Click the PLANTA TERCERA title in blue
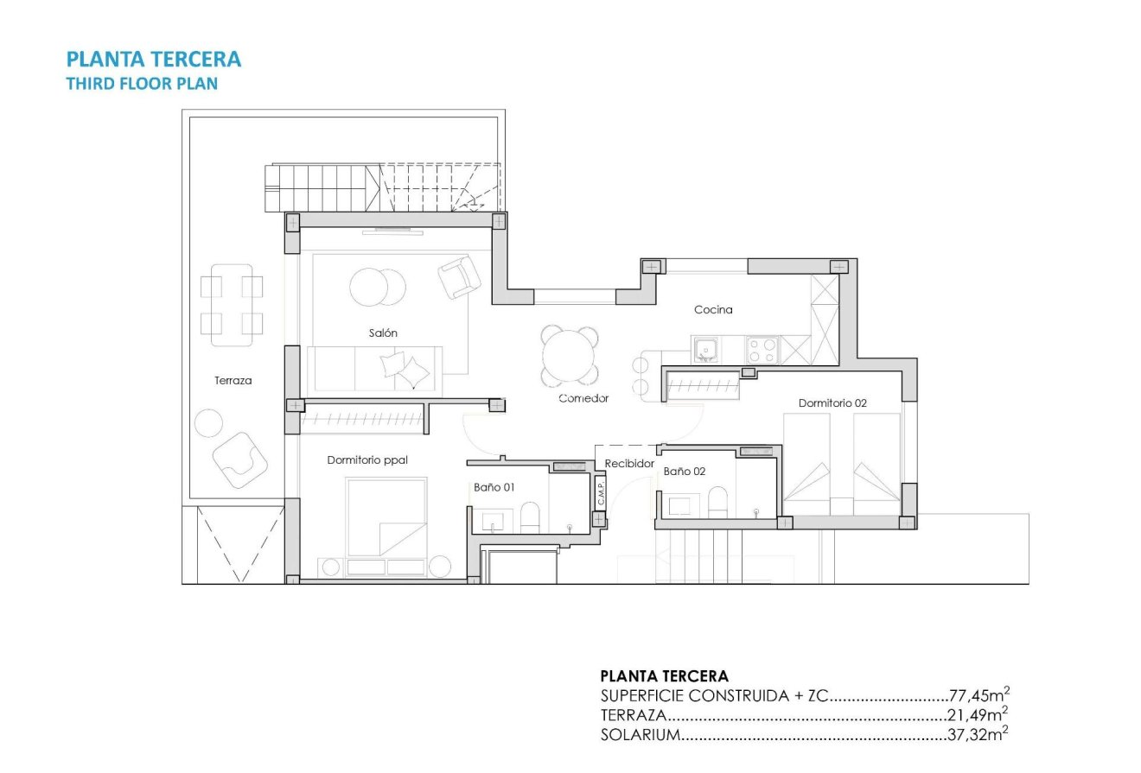pyautogui.click(x=154, y=59)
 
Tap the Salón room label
pyautogui.click(x=383, y=333)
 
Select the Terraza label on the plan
pyautogui.click(x=233, y=380)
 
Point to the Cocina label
pyautogui.click(x=713, y=309)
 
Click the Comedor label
pyautogui.click(x=583, y=398)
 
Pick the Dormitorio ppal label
pyautogui.click(x=367, y=460)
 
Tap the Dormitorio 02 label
pyautogui.click(x=832, y=402)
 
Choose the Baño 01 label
pyautogui.click(x=494, y=487)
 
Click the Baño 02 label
pyautogui.click(x=685, y=472)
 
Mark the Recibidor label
pyautogui.click(x=629, y=464)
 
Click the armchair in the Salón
pyautogui.click(x=459, y=277)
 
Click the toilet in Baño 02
pyautogui.click(x=717, y=502)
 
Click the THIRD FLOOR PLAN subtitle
pyautogui.click(x=142, y=84)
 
